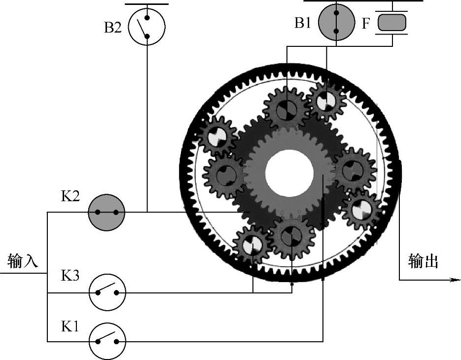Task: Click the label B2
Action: point(112,27)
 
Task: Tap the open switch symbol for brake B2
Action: point(146,27)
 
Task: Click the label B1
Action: point(303,23)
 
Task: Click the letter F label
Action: point(365,23)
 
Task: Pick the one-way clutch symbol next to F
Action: point(392,23)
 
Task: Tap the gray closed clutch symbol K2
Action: point(106,213)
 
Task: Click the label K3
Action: point(70,276)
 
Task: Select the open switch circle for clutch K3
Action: point(107,292)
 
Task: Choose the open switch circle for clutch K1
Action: point(107,341)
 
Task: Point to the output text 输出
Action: point(423,261)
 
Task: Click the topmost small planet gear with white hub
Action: point(325,102)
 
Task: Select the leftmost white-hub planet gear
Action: point(217,136)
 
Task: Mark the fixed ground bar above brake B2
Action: point(146,4)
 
